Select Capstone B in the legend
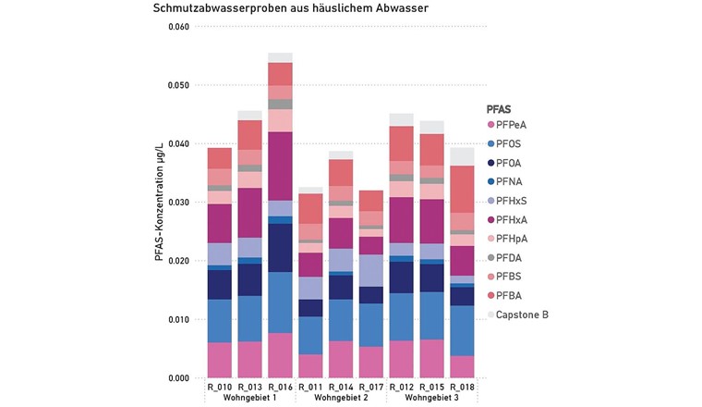coord(521,315)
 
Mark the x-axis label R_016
coord(280,387)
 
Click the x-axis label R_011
coord(310,387)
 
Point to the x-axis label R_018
coord(462,387)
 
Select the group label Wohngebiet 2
coord(341,398)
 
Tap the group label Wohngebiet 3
coord(431,398)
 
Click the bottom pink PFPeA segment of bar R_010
coord(220,360)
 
